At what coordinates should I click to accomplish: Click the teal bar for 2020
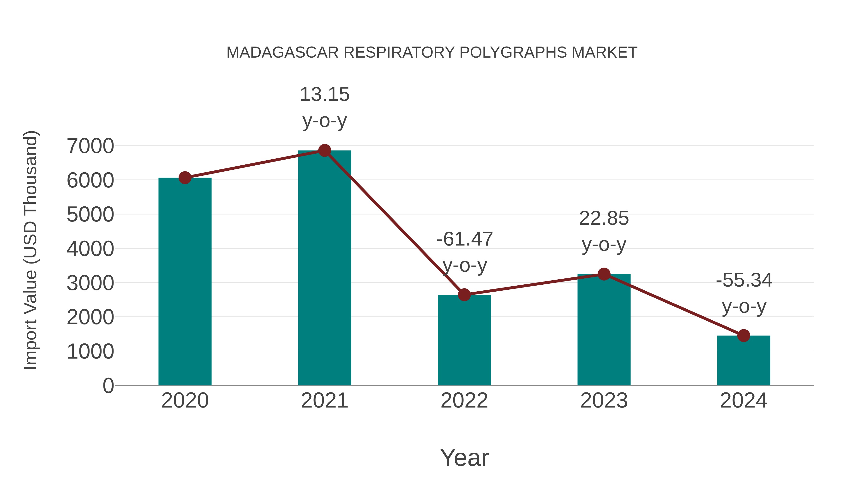tap(185, 282)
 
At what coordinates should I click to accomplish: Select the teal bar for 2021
tap(324, 268)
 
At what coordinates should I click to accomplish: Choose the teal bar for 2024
tap(744, 360)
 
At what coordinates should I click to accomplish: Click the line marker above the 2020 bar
tap(185, 178)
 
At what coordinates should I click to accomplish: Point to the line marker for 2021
tap(324, 150)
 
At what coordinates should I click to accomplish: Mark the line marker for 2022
tap(464, 294)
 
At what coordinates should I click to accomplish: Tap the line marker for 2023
tap(604, 274)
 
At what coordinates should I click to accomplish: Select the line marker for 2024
tap(744, 336)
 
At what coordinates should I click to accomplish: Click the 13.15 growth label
tap(324, 95)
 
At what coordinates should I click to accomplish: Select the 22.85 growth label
tap(604, 219)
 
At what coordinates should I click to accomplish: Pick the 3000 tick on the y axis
tap(90, 283)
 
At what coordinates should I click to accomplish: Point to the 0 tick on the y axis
tap(108, 385)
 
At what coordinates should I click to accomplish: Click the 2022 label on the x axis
tap(464, 401)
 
